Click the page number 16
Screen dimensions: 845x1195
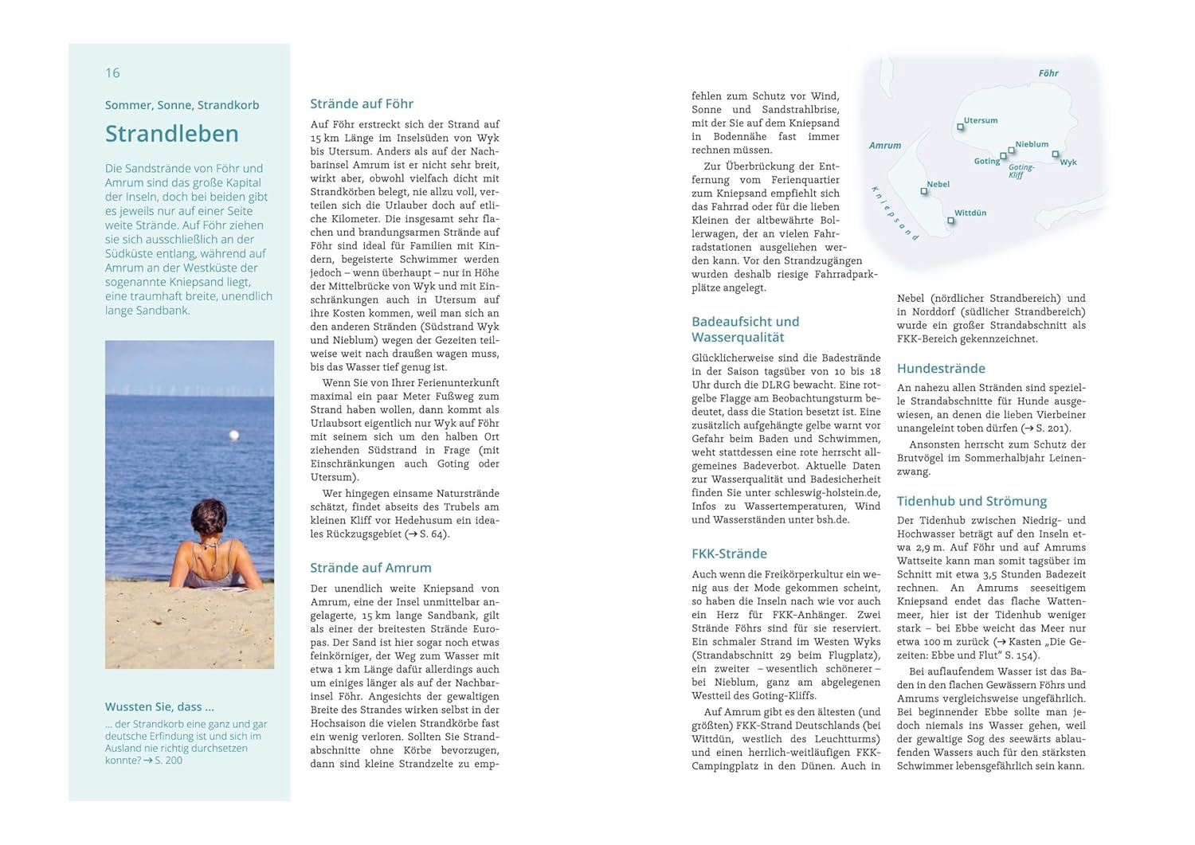(112, 73)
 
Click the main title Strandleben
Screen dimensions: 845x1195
(171, 134)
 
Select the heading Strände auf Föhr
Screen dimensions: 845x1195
(361, 104)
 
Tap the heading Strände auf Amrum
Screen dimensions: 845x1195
(370, 568)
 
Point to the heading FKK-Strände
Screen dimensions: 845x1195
(729, 554)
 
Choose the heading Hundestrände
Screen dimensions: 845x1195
(941, 369)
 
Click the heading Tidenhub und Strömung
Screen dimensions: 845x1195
(971, 501)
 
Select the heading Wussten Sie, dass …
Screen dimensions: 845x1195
(159, 706)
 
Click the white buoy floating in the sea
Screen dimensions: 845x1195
(234, 435)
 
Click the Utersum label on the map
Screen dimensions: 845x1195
(981, 120)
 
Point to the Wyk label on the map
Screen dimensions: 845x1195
(1068, 162)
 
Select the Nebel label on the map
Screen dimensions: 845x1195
(938, 184)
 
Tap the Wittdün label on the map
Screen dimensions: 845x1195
(970, 213)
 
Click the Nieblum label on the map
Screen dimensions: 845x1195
(1032, 144)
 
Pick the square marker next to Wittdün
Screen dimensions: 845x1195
(950, 221)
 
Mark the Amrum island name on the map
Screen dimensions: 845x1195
(885, 146)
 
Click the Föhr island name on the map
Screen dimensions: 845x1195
(1048, 73)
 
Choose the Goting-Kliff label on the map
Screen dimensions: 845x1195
(1021, 171)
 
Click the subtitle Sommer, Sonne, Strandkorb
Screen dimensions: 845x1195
(182, 105)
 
